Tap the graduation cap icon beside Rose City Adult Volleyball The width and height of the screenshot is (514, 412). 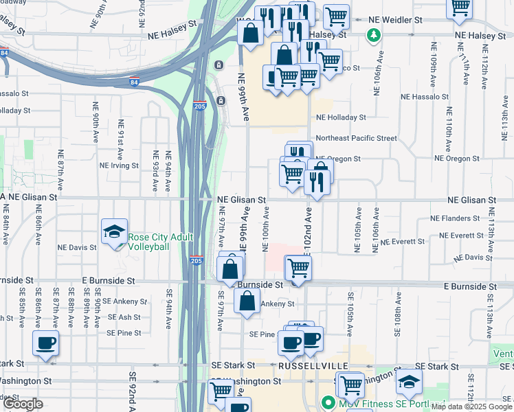click(x=115, y=231)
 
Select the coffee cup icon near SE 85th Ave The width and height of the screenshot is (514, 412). click(x=45, y=343)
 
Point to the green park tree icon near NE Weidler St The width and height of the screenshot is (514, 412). click(x=374, y=34)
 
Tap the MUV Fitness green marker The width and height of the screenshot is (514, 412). click(x=328, y=403)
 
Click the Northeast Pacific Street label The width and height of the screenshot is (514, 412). click(x=357, y=138)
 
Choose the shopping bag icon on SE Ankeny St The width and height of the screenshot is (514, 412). click(x=247, y=300)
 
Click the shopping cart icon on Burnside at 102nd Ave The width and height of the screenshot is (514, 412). click(x=298, y=267)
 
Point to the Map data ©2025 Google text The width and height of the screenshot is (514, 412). click(x=471, y=407)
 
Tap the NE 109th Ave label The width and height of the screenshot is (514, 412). click(x=434, y=62)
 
